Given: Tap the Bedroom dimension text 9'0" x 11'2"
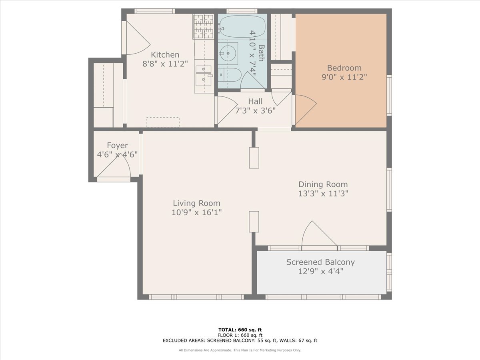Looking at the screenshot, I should coord(344,77).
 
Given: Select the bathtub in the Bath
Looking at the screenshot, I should coord(242,26).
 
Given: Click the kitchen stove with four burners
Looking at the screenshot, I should coord(204,27).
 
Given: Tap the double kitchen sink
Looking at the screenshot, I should coord(204,74).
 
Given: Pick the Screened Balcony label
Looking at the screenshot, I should coord(320,262).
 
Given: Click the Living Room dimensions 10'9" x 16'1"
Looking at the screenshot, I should coord(196,212).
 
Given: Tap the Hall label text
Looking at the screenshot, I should coord(255,102).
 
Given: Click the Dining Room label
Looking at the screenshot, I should coord(323,184).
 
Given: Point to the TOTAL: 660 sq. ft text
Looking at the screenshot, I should coord(240,330).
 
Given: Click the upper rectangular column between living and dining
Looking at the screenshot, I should coord(254,158).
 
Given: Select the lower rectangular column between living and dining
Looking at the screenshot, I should coord(254,222).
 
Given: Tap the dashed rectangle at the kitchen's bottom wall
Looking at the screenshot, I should coord(162,122).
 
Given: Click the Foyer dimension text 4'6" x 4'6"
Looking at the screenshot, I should coord(118,154).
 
